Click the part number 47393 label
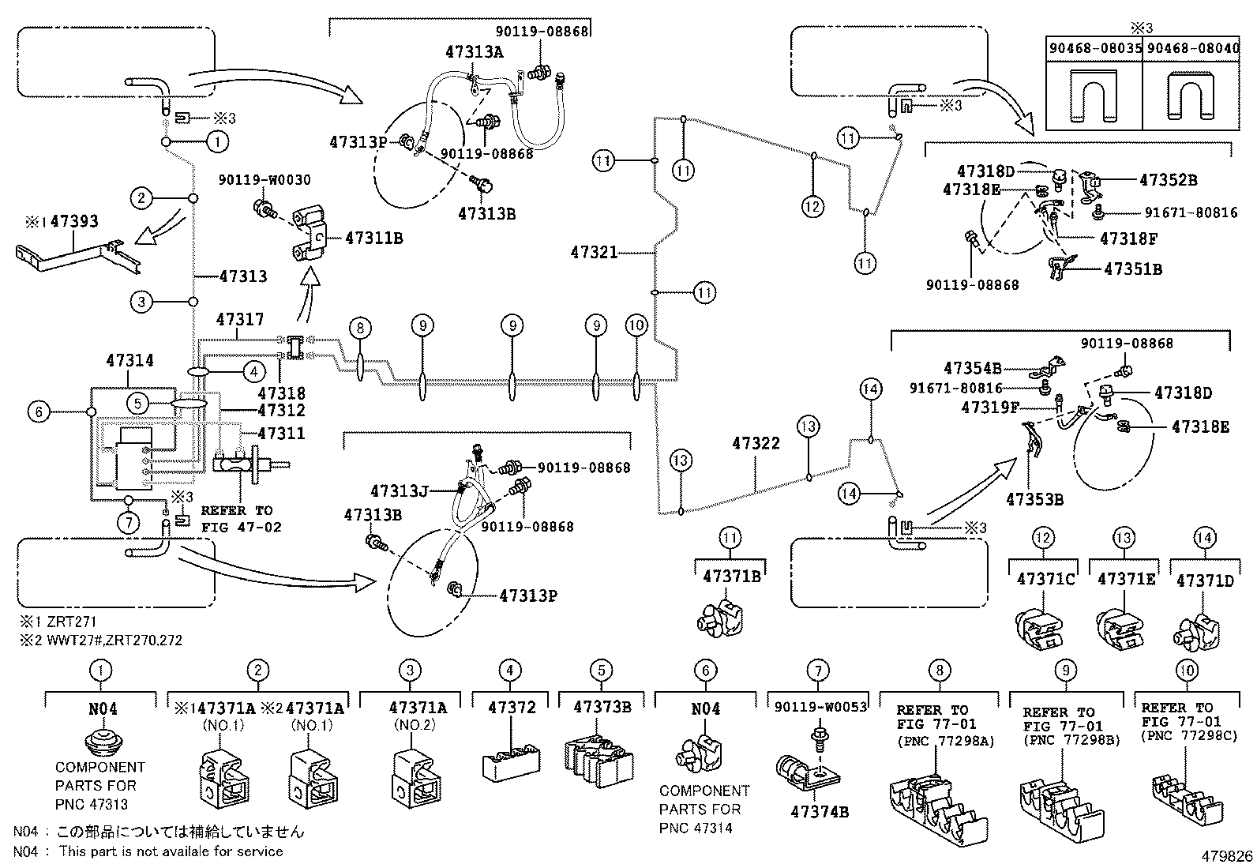[x=75, y=221]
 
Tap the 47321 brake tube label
[x=594, y=253]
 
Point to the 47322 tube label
[x=756, y=444]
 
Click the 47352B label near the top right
[x=1168, y=180]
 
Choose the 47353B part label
[x=1034, y=499]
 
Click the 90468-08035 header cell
[x=1094, y=49]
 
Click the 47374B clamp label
[x=818, y=811]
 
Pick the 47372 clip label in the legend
[x=512, y=708]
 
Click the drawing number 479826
[x=1227, y=856]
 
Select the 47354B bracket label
[x=972, y=368]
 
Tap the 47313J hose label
[x=399, y=491]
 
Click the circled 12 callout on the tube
[x=812, y=207]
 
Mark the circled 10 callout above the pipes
[x=636, y=325]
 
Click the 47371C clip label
[x=1045, y=580]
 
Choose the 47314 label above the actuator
[x=129, y=361]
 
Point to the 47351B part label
[x=1133, y=269]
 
